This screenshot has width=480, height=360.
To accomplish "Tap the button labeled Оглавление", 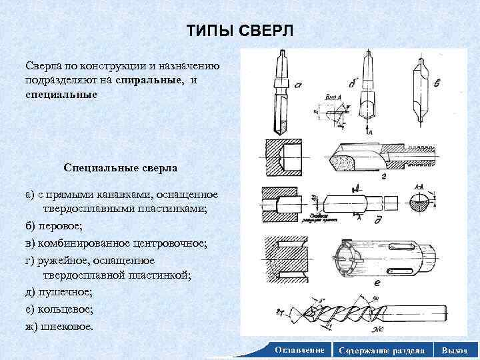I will [x=299, y=350].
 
